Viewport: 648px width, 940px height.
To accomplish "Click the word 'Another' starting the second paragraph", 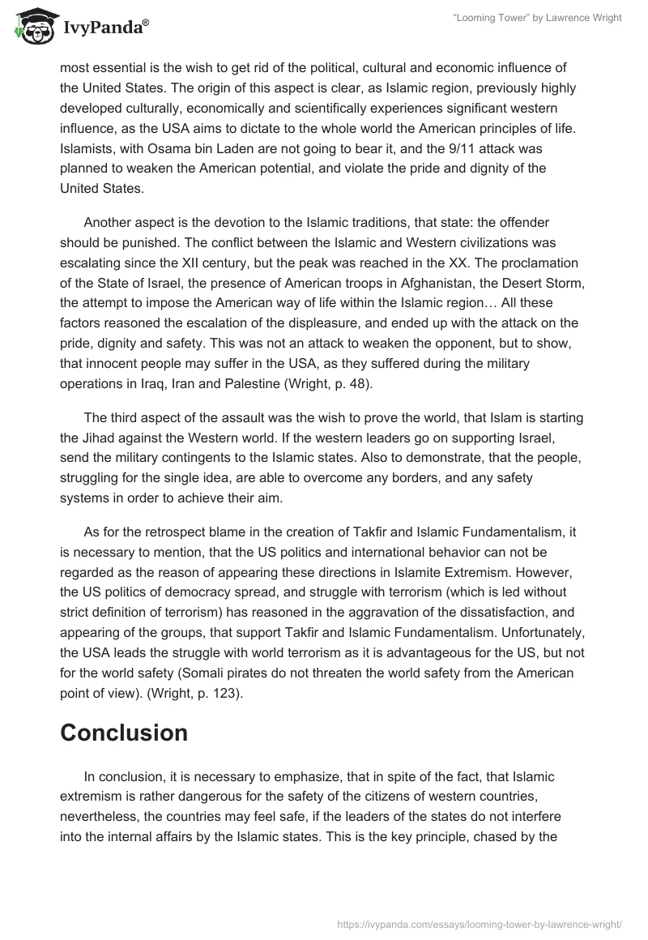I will point(109,226).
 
